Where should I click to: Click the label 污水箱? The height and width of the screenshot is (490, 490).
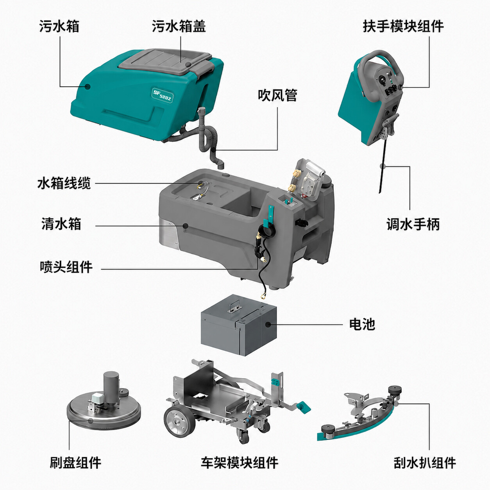[59, 26]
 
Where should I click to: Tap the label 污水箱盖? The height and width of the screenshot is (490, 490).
[179, 26]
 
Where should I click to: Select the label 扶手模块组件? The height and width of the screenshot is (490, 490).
[403, 26]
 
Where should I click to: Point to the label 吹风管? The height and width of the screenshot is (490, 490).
[277, 95]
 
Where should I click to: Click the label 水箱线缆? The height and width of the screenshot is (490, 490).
[64, 183]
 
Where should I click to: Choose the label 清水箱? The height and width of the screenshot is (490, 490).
[61, 224]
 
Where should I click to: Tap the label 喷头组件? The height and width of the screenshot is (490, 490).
[66, 267]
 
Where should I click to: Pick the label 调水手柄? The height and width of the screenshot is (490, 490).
[413, 224]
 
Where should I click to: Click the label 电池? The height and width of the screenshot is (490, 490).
[362, 324]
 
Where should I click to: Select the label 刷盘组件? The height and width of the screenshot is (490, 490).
[75, 461]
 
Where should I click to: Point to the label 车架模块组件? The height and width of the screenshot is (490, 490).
[240, 461]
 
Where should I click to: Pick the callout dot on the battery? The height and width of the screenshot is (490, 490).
[268, 324]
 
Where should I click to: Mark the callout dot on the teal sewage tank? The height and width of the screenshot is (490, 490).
[88, 87]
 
